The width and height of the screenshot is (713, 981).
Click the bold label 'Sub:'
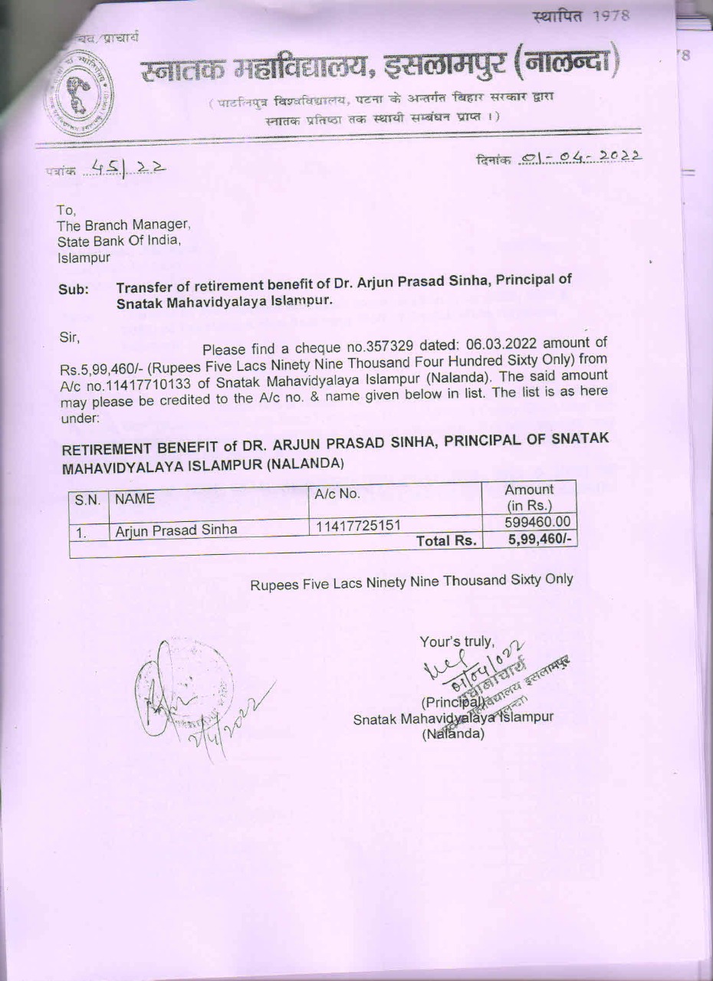74,290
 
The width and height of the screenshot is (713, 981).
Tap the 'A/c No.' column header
337,494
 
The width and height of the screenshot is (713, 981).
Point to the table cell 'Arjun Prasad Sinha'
176,530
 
